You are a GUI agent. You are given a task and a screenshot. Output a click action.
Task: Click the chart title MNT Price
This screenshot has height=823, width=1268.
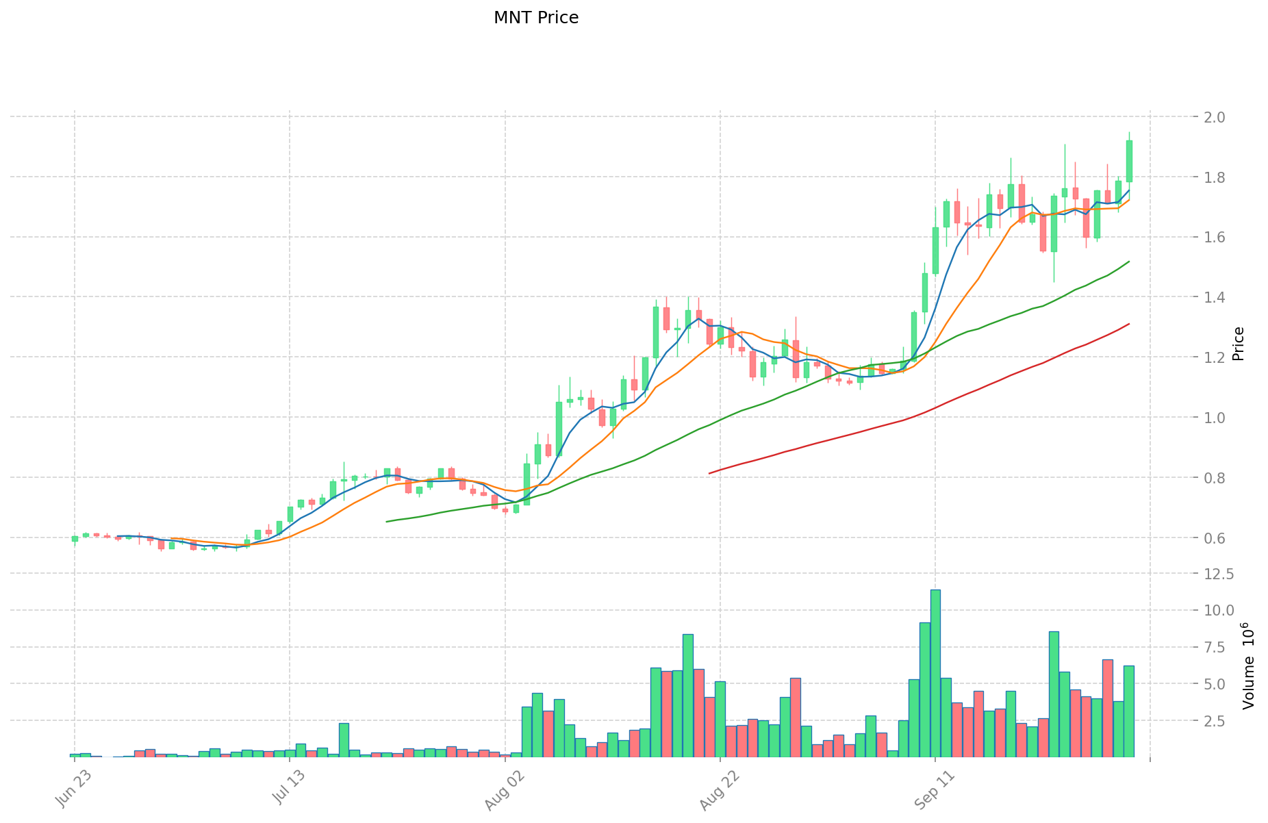pos(536,18)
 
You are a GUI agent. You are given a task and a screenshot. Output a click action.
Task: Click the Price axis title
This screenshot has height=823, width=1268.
pos(1238,344)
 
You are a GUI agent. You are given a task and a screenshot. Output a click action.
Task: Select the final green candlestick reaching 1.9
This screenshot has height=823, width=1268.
pos(1129,161)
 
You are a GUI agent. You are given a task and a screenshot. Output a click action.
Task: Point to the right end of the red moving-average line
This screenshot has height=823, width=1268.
pos(1129,324)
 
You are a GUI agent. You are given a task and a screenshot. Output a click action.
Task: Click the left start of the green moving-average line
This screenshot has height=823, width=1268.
pos(387,522)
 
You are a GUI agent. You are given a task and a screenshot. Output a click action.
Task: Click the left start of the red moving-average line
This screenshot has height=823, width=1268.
pos(709,473)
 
